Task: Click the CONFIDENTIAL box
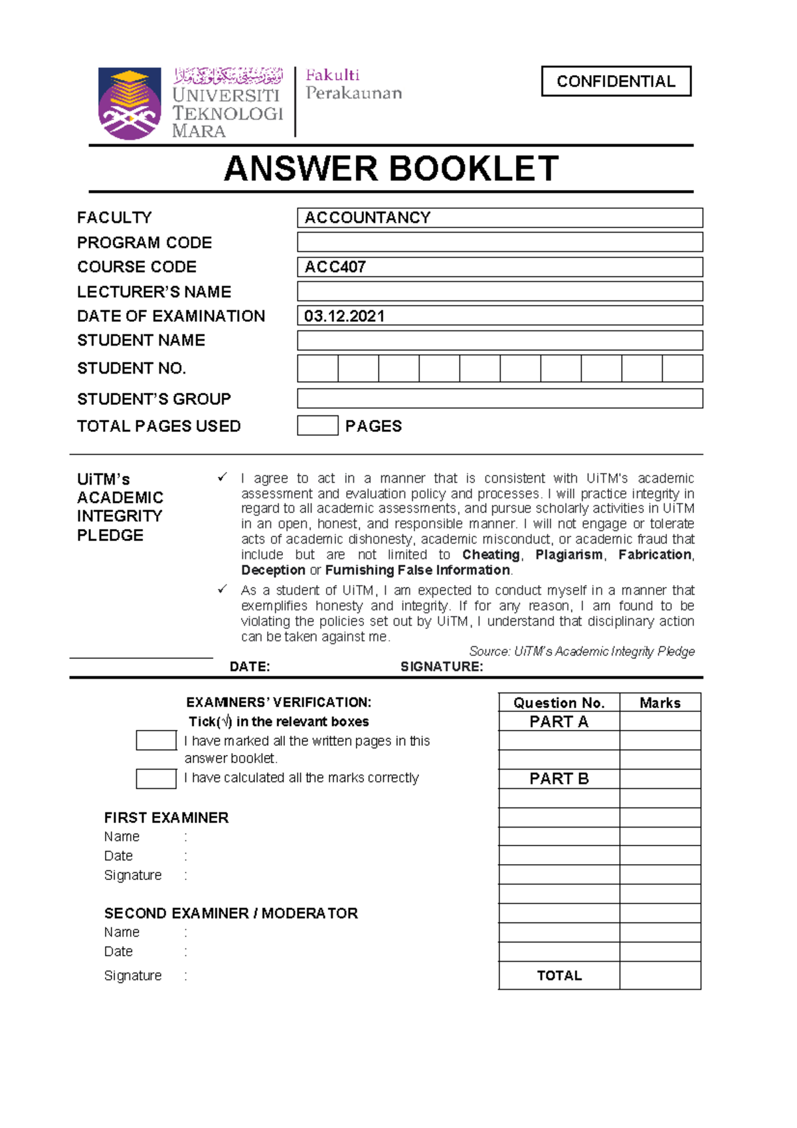point(616,81)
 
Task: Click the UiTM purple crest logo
point(130,103)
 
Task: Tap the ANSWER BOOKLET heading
point(391,169)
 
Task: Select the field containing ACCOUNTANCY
point(499,217)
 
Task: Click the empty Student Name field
point(499,340)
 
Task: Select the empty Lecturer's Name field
point(499,291)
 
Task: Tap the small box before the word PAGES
point(317,425)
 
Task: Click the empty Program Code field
point(499,242)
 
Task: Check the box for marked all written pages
point(156,740)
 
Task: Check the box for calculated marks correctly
point(156,778)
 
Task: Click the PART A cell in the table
point(559,721)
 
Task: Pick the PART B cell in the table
point(559,778)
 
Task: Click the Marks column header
point(660,703)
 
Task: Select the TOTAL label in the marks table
point(559,975)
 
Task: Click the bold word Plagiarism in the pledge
point(569,554)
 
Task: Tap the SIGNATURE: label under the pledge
point(442,667)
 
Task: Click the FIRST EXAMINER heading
point(166,818)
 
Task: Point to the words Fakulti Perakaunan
point(353,84)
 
